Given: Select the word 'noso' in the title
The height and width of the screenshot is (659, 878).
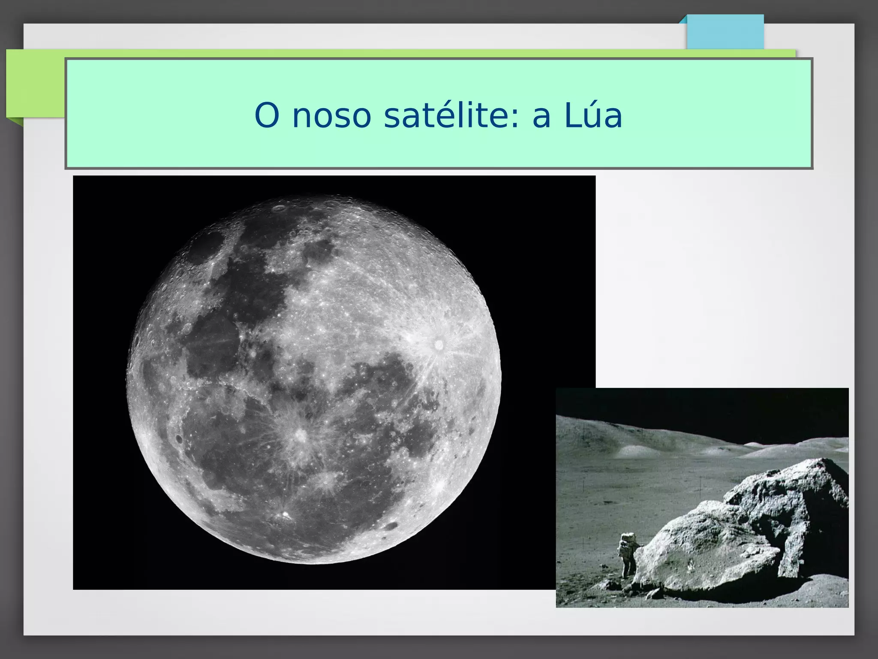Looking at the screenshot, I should pyautogui.click(x=331, y=116).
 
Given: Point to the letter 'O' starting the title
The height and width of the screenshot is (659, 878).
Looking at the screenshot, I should pyautogui.click(x=267, y=116).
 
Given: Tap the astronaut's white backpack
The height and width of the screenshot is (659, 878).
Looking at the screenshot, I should pyautogui.click(x=628, y=539).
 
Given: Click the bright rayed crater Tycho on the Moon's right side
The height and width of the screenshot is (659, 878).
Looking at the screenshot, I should pyautogui.click(x=439, y=344).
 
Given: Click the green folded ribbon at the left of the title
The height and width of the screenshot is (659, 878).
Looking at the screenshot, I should pyautogui.click(x=34, y=86).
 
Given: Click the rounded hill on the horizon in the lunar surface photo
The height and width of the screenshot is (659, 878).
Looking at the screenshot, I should pyautogui.click(x=634, y=450).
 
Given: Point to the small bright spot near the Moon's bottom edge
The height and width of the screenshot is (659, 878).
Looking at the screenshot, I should pyautogui.click(x=285, y=513).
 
